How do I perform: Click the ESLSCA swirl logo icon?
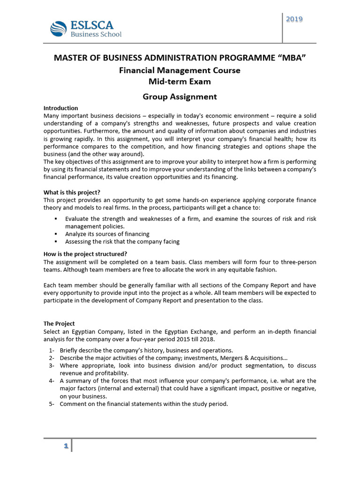coord(59,29)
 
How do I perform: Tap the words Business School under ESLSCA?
coord(96,34)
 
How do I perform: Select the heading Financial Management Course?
coord(180,70)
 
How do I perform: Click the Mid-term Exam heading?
coord(180,82)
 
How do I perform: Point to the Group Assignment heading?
coord(180,97)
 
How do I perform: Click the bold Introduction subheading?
coord(60,108)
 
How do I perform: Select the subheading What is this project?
coord(72,192)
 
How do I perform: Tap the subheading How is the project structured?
coord(85,255)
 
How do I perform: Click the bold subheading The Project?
coord(59,323)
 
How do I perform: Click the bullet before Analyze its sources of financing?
coord(56,234)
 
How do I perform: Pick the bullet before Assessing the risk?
coord(56,242)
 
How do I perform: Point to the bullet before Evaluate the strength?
coord(56,219)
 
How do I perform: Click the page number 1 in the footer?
coord(66,446)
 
